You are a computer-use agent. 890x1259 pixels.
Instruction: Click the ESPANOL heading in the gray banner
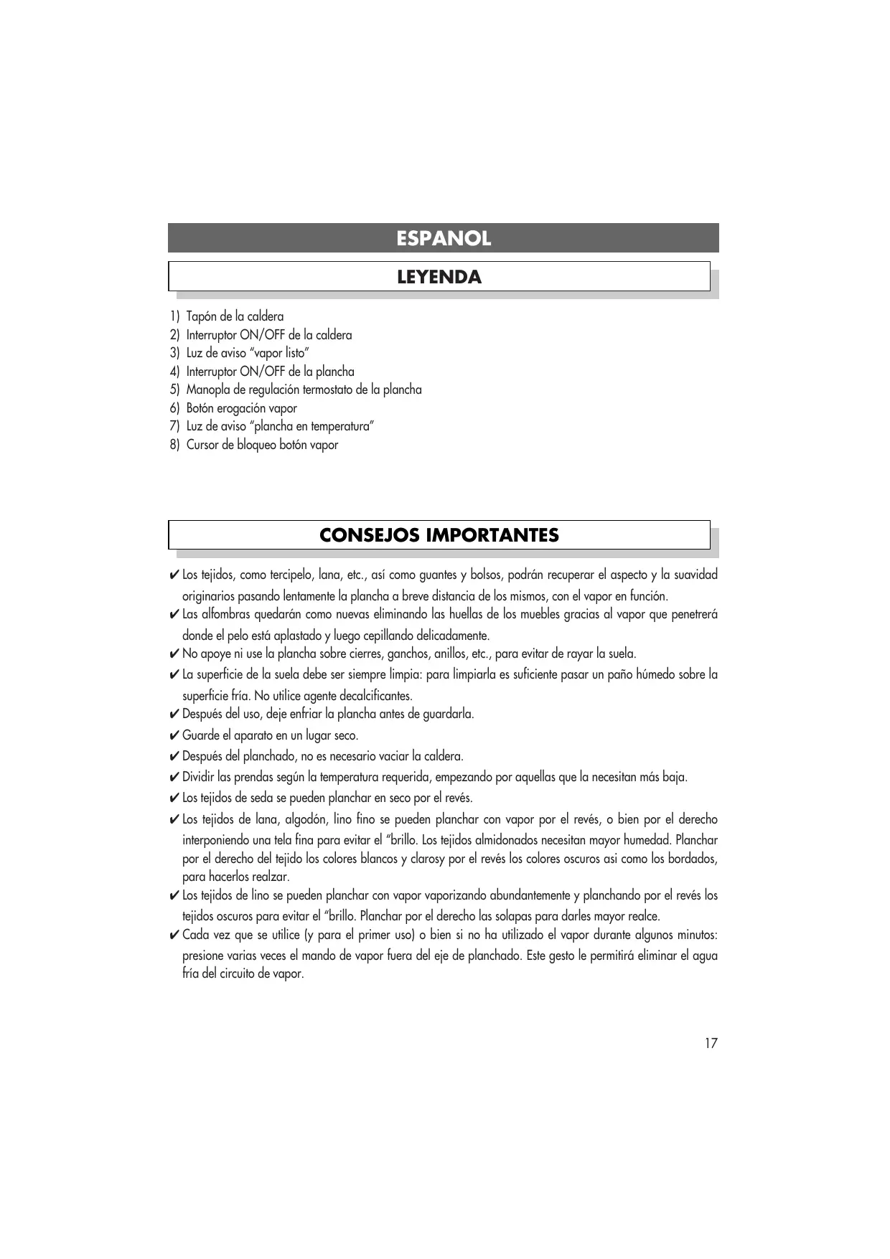pos(444,239)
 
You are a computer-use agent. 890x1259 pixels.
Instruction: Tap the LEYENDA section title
pos(439,278)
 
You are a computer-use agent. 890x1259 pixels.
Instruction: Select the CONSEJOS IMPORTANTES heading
pos(439,536)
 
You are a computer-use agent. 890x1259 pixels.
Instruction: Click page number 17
pos(711,1044)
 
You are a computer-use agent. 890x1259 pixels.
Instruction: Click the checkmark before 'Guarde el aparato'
pos(174,736)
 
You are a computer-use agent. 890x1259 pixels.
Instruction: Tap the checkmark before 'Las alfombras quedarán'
pos(174,615)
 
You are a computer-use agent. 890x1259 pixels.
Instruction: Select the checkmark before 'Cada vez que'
pos(174,935)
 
